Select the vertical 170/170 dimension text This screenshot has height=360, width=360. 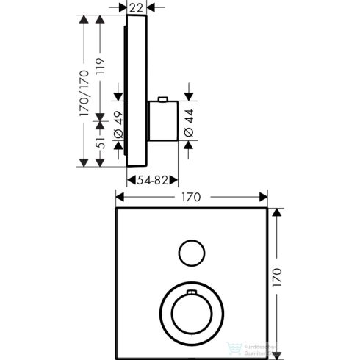[84, 93]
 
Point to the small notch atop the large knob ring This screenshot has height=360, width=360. [192, 294]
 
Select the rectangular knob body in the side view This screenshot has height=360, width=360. [162, 122]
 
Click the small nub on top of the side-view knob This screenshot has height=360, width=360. [163, 100]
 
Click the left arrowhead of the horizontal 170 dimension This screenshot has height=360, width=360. [119, 197]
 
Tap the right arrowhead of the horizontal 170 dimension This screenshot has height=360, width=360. [264, 197]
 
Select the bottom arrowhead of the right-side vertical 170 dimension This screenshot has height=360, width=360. [278, 350]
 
